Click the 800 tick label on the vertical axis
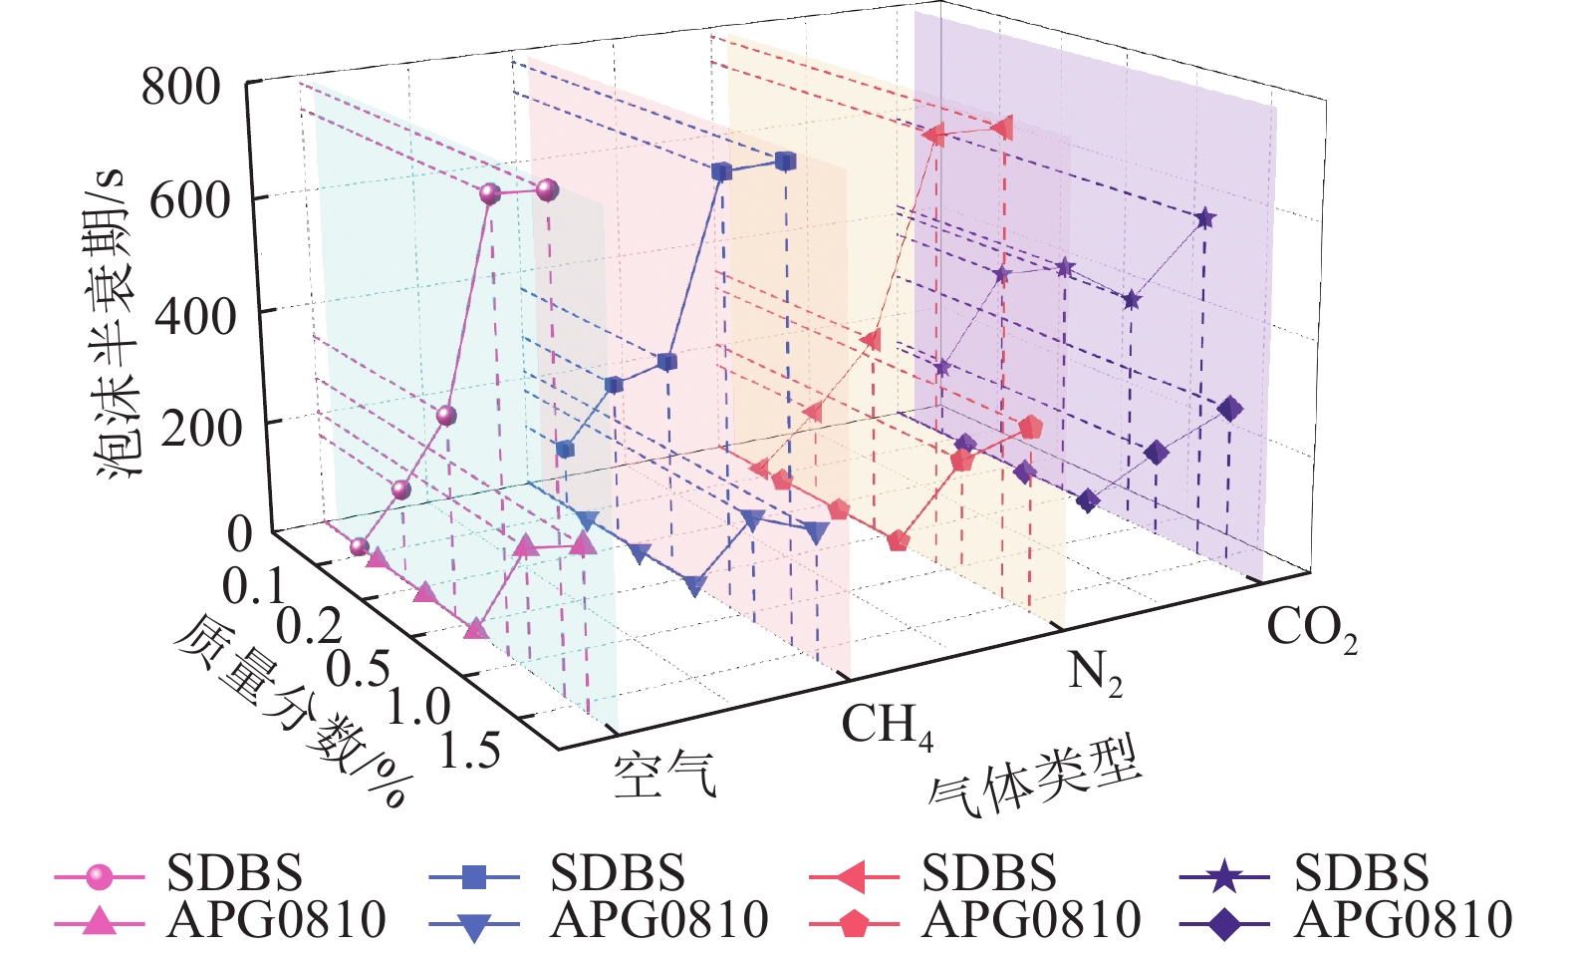180,87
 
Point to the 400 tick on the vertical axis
194,316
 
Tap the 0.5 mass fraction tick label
358,666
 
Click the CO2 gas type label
1311,629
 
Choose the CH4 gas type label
887,725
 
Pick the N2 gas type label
1095,674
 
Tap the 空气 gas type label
664,775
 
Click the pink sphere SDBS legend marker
99,877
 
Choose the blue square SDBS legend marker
474,877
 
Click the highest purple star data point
1204,218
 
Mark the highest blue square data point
785,161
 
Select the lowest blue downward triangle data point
694,586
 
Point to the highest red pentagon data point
1031,428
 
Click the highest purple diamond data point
1230,409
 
